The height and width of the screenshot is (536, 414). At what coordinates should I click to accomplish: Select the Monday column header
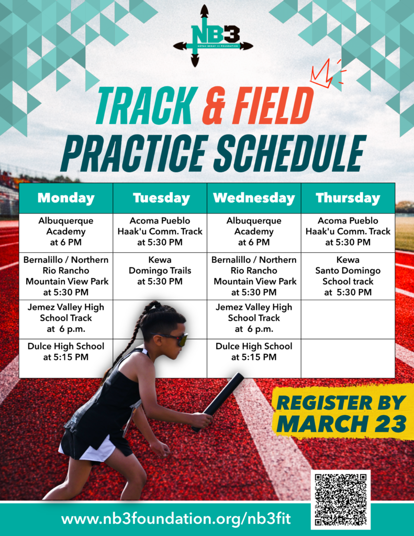point(66,198)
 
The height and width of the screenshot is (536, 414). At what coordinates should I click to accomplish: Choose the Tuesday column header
point(161,198)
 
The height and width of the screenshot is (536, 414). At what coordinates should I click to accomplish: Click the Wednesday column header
point(254,198)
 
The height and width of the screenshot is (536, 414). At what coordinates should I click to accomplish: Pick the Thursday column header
point(348,198)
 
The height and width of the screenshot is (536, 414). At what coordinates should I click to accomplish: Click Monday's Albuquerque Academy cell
point(66,231)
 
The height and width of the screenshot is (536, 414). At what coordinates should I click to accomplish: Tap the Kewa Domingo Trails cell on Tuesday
point(161,271)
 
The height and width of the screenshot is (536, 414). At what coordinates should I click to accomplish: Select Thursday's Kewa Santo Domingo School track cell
point(348,276)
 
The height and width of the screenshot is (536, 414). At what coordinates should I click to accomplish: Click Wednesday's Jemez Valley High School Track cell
point(254,318)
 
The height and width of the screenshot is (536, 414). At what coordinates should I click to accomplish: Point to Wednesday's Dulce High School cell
point(254,352)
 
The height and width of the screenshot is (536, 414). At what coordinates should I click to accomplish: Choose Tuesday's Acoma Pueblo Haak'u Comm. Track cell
point(161,231)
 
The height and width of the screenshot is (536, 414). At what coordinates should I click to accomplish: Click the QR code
point(340,499)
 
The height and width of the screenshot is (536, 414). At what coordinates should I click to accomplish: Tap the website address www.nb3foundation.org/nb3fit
point(176,520)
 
